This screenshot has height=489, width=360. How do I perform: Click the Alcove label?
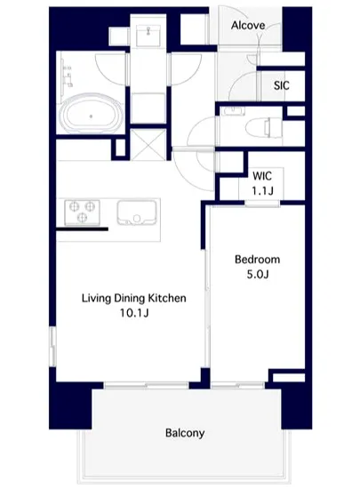pos(248,25)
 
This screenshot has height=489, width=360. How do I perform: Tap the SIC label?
pos(282,85)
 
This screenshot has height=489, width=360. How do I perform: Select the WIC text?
pos(262,176)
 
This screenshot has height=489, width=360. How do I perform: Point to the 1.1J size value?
pos(263,190)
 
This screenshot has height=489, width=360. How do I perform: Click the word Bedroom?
pos(257,260)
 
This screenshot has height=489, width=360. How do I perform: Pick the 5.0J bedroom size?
pos(258,275)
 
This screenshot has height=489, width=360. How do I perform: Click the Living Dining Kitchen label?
pos(134,298)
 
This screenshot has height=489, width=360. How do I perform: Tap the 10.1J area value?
pos(134,313)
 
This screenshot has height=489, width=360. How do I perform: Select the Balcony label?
pos(185,433)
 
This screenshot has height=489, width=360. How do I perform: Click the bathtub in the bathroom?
pos(91,114)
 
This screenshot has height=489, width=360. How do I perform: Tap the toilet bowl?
pos(264,128)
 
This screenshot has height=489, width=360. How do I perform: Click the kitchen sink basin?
pos(137,212)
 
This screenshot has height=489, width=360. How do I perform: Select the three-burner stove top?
pos(82,212)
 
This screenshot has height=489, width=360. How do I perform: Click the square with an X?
pos(148,145)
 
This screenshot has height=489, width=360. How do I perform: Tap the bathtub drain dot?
pos(91,116)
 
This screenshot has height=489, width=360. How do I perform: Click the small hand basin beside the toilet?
pos(234,111)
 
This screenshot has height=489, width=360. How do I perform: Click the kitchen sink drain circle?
pos(137,219)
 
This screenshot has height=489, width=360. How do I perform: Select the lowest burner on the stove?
pos(82,217)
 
